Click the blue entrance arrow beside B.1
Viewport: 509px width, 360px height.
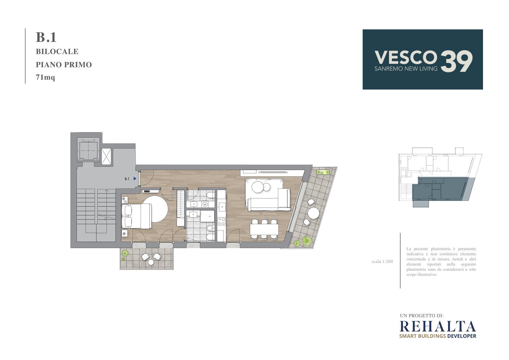(135, 178)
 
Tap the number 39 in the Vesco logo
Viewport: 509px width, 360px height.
(456, 61)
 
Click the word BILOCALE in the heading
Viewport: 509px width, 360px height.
(57, 52)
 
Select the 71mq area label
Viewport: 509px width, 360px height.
(45, 77)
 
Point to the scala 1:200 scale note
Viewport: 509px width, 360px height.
(382, 262)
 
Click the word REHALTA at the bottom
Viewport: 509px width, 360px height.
(438, 326)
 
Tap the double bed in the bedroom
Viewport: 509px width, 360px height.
(137, 216)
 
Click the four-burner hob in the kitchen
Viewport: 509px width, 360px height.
(222, 221)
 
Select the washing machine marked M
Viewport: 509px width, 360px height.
(205, 204)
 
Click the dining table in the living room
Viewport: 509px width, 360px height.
(264, 229)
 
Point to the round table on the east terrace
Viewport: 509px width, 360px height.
(314, 213)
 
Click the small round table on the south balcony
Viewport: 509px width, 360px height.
(151, 262)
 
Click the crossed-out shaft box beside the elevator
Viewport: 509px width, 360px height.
(106, 157)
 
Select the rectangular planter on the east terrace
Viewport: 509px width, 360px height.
(323, 172)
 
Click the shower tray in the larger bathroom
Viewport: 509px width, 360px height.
(207, 216)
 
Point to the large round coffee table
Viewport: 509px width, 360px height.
(258, 187)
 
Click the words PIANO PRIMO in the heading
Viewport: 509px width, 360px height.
(64, 65)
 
